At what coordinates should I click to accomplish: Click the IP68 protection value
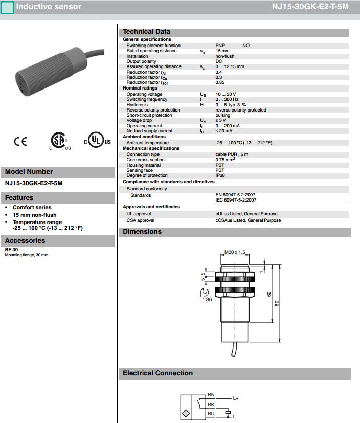[x=220, y=175]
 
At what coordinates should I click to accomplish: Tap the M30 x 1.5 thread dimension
[x=235, y=252]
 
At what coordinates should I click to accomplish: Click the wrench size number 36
[x=209, y=300]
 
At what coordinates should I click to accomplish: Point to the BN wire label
[x=211, y=395]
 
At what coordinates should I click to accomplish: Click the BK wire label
[x=211, y=404]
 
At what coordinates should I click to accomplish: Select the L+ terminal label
[x=236, y=398]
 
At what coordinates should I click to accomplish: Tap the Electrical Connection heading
[x=157, y=373]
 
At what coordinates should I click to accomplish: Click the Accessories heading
[x=25, y=241]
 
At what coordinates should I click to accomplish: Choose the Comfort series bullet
[x=32, y=208]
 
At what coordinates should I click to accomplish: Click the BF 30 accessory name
[x=11, y=250]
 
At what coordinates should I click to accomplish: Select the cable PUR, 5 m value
[x=232, y=154]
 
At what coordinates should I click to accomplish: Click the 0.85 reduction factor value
[x=220, y=82]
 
